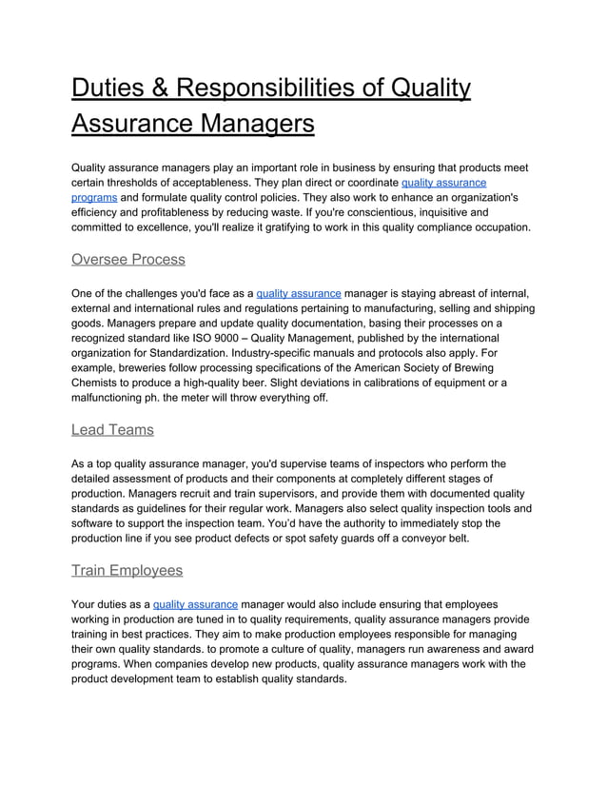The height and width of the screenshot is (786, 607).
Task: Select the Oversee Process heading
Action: point(128,260)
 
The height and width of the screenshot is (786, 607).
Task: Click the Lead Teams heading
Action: point(112,430)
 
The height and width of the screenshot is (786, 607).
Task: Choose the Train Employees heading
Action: point(127,571)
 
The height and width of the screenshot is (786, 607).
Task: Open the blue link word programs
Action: point(94,197)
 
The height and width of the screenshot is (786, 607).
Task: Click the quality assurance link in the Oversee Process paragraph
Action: point(299,293)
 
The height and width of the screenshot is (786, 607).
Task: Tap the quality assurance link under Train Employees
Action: point(195,604)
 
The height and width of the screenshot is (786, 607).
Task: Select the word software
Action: point(96,523)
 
